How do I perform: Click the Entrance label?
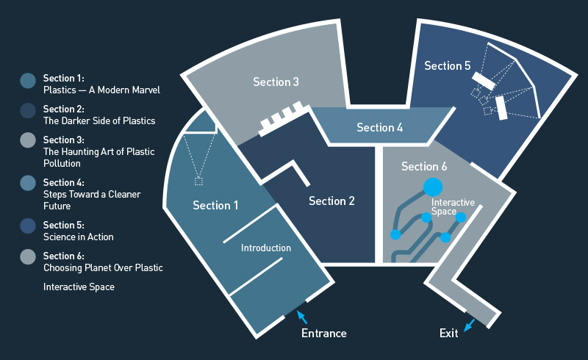(x=323, y=334)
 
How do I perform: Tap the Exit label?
(x=449, y=334)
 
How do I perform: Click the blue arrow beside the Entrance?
(x=301, y=317)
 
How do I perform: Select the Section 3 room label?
(x=276, y=82)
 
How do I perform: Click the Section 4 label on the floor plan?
(x=380, y=128)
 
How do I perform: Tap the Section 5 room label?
(x=447, y=66)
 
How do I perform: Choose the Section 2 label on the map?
(x=331, y=201)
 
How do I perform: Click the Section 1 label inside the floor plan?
(x=215, y=206)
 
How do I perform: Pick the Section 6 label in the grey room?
(x=424, y=167)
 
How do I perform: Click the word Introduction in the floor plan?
(x=266, y=248)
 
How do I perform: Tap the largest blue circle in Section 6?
(x=432, y=187)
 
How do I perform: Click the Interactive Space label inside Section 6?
(x=453, y=206)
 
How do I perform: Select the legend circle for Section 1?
(x=28, y=81)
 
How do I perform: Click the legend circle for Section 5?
(x=28, y=226)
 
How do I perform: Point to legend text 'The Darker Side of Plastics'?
(x=99, y=120)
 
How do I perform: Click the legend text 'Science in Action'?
(x=79, y=237)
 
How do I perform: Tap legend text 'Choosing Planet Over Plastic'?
(x=103, y=268)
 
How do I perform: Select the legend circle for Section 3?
(x=28, y=140)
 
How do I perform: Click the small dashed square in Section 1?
(x=198, y=181)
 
